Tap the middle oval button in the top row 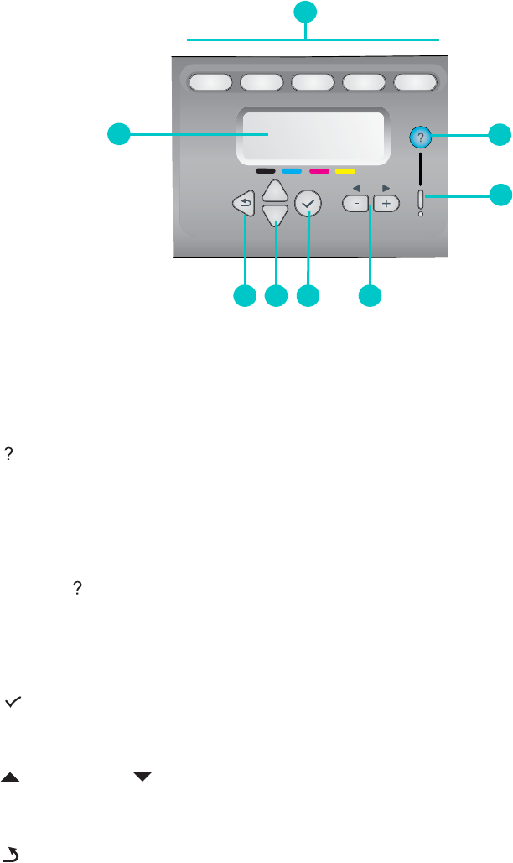(x=313, y=82)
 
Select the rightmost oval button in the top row (x=416, y=82)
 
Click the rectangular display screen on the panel (x=312, y=136)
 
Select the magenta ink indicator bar (x=319, y=170)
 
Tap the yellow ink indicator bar (x=345, y=170)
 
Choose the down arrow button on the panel (x=275, y=217)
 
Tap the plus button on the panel (x=386, y=204)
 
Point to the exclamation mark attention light (x=421, y=201)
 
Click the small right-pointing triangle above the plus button (x=386, y=189)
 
